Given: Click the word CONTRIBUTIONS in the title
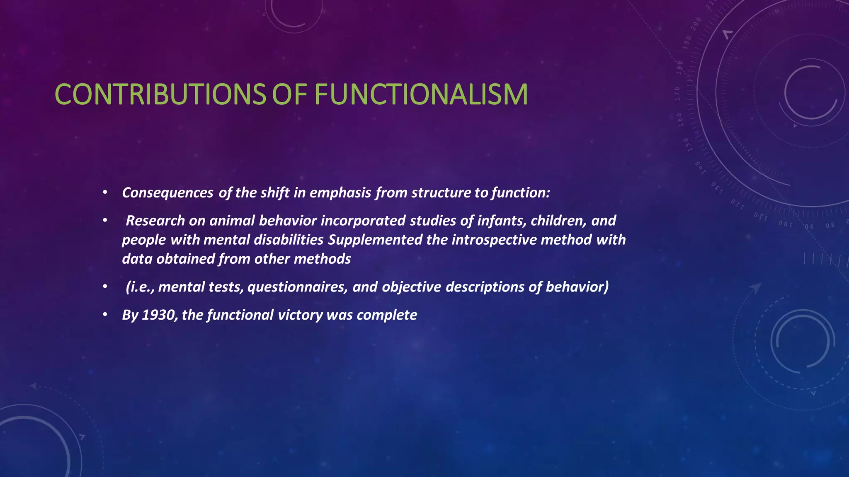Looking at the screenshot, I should coord(160,94).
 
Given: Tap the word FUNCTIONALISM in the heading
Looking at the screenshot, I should coord(421,94).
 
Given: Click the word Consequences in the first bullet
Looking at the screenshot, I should coord(167,193).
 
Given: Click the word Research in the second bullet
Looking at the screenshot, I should coord(155,221).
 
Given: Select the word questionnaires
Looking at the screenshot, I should coord(297,287).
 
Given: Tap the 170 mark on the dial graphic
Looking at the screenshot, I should coord(677,94).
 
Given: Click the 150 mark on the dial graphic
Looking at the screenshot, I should coord(686,145).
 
